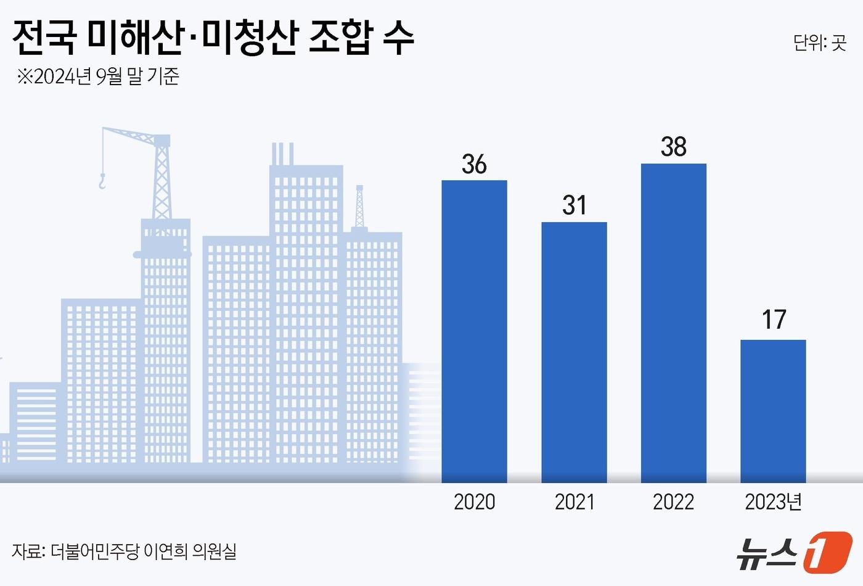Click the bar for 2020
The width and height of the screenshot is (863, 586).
474,331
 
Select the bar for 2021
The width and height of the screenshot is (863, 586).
574,352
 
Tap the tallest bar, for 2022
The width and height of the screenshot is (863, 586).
673,323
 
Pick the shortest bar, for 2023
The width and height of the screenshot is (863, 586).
773,411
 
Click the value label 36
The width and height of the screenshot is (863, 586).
474,164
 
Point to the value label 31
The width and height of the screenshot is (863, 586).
574,205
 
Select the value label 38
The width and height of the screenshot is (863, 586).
673,147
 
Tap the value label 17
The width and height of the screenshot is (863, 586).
774,320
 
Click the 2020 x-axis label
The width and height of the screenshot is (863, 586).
474,501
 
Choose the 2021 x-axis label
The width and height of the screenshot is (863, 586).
574,501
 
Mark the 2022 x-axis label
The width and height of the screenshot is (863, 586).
673,501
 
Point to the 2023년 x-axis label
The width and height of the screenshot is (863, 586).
773,501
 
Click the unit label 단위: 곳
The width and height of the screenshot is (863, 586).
819,43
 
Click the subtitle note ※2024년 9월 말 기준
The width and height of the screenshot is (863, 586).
98,76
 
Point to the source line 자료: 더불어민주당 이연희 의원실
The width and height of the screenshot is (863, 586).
124,551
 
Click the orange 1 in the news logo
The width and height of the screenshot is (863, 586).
827,551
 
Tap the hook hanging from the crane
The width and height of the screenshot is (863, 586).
102,181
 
